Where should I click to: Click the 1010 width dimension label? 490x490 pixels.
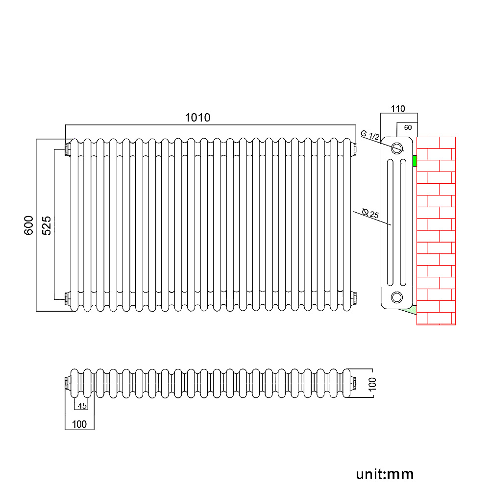point(197,118)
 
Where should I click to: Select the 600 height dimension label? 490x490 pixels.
point(29,225)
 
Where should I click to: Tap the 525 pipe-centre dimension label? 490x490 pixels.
point(47,225)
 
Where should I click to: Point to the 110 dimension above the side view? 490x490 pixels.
point(397,108)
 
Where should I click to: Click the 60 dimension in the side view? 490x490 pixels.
point(408,127)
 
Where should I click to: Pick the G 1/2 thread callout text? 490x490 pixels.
point(370,135)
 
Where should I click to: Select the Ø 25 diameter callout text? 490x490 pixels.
point(370,214)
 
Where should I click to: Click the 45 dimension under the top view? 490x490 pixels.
point(82,405)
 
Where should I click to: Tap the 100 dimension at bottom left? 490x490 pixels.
point(79,424)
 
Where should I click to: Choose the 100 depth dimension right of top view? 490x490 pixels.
point(372,383)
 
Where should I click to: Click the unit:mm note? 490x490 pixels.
point(385,474)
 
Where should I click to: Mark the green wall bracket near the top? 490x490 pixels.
point(415,161)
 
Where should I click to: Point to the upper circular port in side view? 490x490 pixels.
point(397,147)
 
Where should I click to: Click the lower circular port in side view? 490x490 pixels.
point(397,296)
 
